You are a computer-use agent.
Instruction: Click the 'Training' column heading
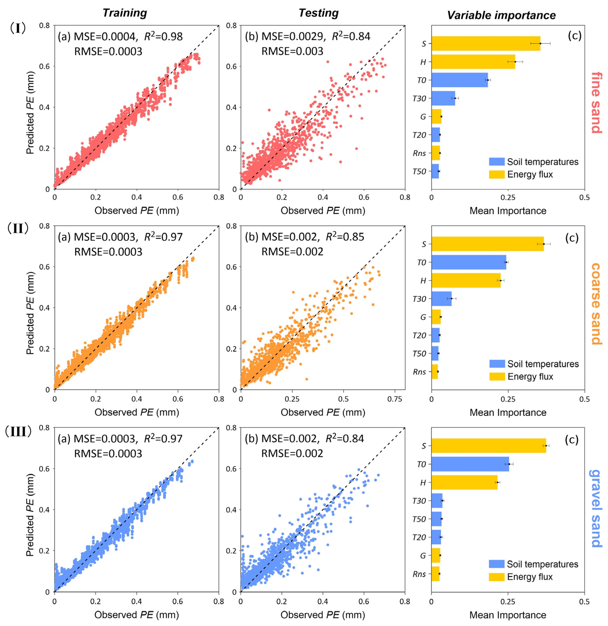tap(125, 13)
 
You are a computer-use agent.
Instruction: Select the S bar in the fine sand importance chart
tap(485, 43)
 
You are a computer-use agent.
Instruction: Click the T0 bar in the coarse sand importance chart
tap(468, 262)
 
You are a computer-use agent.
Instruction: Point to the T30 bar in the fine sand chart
tap(443, 98)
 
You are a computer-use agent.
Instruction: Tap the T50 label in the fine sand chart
tap(419, 171)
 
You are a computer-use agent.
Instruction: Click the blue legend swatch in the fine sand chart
tap(496, 162)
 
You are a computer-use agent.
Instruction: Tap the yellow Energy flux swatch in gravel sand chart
tap(496, 577)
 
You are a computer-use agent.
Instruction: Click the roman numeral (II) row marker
tap(18, 229)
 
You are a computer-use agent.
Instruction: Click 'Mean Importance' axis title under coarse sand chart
tap(508, 412)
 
